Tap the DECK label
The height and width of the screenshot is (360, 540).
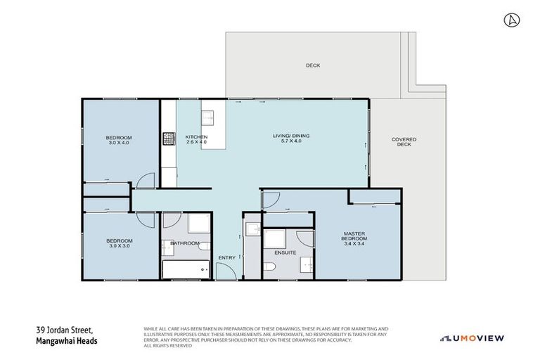[313, 65]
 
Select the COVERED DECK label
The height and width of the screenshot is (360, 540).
[404, 141]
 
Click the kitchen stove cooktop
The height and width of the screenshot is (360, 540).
[169, 139]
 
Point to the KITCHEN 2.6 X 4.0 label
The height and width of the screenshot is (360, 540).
[196, 139]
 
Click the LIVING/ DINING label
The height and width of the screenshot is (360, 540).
[291, 138]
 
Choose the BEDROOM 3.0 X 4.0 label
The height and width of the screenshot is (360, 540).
[119, 139]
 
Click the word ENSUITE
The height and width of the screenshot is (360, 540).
[285, 252]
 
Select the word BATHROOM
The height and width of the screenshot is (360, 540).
[185, 243]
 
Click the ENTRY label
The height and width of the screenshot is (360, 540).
[227, 257]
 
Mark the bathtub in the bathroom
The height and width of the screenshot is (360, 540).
[186, 270]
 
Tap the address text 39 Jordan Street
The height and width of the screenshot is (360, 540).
[64, 330]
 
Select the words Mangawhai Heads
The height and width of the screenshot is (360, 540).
[67, 341]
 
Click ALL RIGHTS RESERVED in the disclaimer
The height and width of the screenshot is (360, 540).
[167, 345]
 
